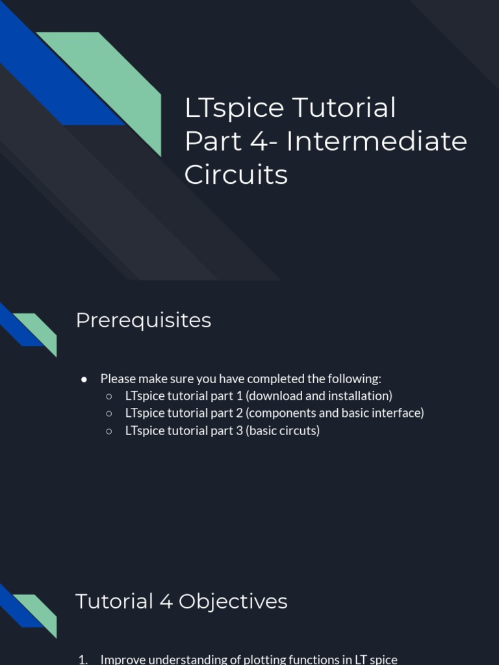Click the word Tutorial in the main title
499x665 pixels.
point(344,108)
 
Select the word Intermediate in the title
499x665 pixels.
point(377,142)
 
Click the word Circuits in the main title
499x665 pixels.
point(236,175)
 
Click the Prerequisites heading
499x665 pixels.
point(144,320)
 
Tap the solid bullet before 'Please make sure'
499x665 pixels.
point(84,379)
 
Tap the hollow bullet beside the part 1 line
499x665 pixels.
point(109,396)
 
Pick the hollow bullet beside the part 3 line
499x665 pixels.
point(109,431)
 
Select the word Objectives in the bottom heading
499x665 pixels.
point(233,601)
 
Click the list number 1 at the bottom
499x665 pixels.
point(82,659)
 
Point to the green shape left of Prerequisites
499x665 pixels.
point(39,330)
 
